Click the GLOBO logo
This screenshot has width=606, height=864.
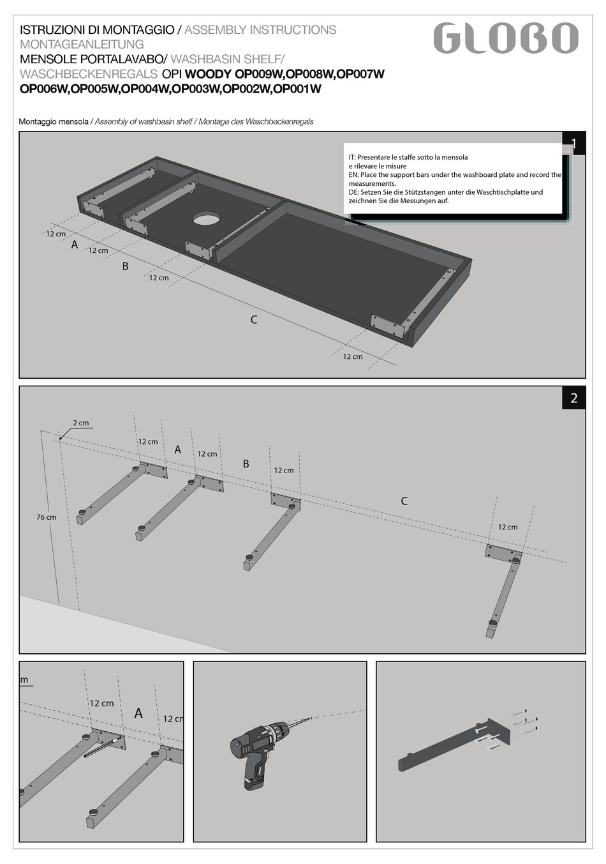[505, 38]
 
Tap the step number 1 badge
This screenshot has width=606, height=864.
[573, 143]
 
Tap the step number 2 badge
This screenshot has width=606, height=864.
[573, 398]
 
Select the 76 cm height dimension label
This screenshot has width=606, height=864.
[46, 517]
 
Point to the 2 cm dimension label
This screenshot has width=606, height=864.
[81, 423]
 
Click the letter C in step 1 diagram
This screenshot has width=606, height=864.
[254, 319]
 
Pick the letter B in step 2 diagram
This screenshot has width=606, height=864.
[246, 464]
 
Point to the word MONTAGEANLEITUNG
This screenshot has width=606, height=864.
[82, 44]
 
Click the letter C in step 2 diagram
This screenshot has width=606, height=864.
[404, 501]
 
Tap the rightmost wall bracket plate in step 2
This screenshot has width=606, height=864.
[503, 552]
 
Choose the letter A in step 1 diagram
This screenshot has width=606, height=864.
[75, 244]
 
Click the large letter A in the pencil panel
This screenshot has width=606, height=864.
[138, 713]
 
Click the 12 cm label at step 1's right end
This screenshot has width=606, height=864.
[353, 357]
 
